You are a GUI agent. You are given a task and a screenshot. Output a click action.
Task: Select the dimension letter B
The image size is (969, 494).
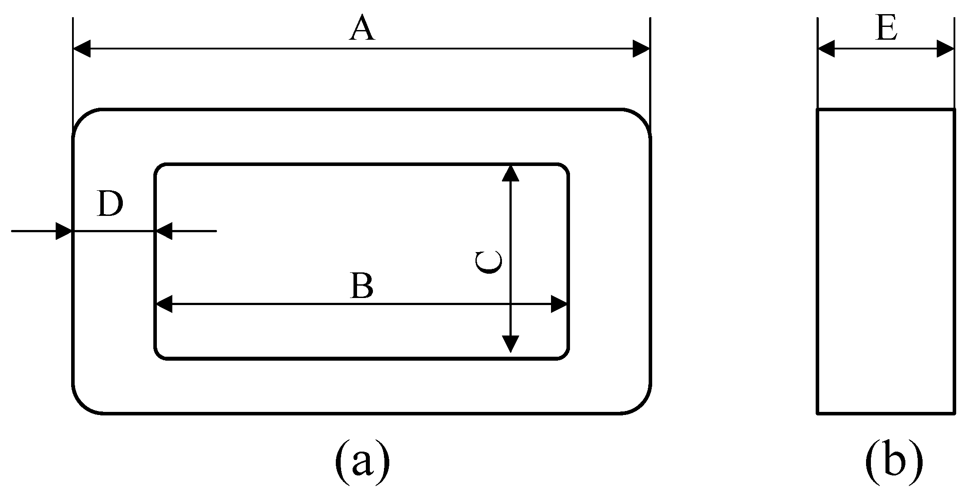(x=362, y=286)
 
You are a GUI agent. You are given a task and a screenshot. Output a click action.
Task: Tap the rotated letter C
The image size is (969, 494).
(x=488, y=262)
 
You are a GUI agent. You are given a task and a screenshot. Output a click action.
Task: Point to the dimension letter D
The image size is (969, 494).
(x=110, y=204)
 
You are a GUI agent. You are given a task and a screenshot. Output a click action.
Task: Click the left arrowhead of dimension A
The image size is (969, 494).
(x=82, y=49)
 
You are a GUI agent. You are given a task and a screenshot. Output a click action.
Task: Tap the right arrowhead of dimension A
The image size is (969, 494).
(x=641, y=49)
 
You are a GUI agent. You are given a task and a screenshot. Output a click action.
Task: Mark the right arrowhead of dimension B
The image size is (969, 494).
(x=559, y=304)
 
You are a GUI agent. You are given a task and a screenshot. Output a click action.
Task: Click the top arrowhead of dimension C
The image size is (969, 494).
(x=510, y=173)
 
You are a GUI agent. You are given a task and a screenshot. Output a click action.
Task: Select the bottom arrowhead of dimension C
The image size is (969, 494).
(x=510, y=343)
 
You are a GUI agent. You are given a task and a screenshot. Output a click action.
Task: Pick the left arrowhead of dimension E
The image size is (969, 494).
(x=826, y=49)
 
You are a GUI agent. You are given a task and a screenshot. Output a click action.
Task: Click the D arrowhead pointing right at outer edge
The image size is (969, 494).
(x=64, y=231)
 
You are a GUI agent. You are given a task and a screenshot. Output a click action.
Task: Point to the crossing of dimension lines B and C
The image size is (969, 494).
(x=510, y=304)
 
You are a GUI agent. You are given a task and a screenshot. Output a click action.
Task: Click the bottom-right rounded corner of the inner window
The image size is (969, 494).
(x=564, y=355)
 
